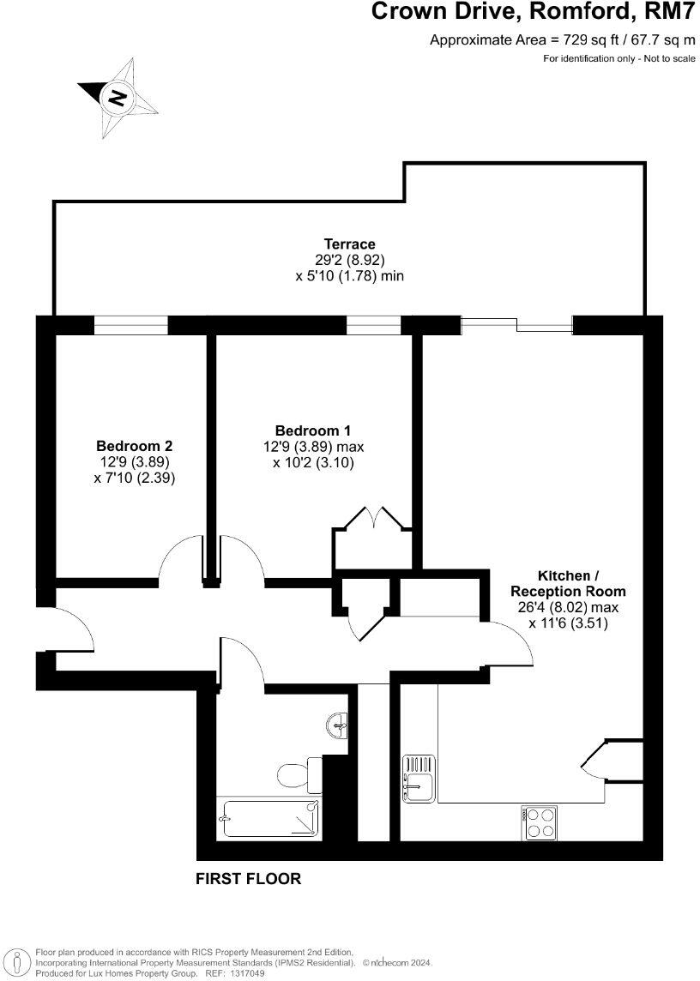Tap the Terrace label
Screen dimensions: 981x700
[x=349, y=244]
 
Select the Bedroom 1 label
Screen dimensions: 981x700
[x=312, y=430]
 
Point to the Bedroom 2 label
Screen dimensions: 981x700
[x=134, y=446]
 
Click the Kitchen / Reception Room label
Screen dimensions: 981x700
[x=568, y=583]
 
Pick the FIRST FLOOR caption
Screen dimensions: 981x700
[x=249, y=879]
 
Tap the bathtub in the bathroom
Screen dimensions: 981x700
[x=269, y=818]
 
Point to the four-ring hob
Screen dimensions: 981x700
[x=539, y=822]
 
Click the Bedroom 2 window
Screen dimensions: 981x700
[x=130, y=325]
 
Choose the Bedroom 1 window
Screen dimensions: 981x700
[x=373, y=325]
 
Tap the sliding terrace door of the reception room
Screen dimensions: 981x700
[x=516, y=325]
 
